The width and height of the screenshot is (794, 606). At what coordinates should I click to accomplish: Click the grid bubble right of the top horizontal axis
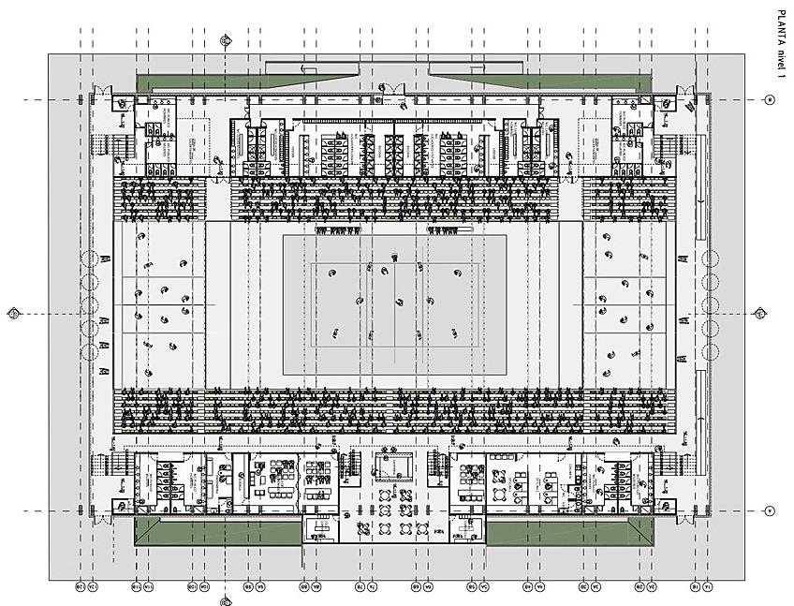770,99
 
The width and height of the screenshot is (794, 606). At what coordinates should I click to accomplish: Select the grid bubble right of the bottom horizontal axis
770,510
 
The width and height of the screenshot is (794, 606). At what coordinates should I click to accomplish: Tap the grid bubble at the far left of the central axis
13,313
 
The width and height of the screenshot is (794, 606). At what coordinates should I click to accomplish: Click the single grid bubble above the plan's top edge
225,40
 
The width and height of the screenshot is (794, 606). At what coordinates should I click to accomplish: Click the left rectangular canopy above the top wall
312,68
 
